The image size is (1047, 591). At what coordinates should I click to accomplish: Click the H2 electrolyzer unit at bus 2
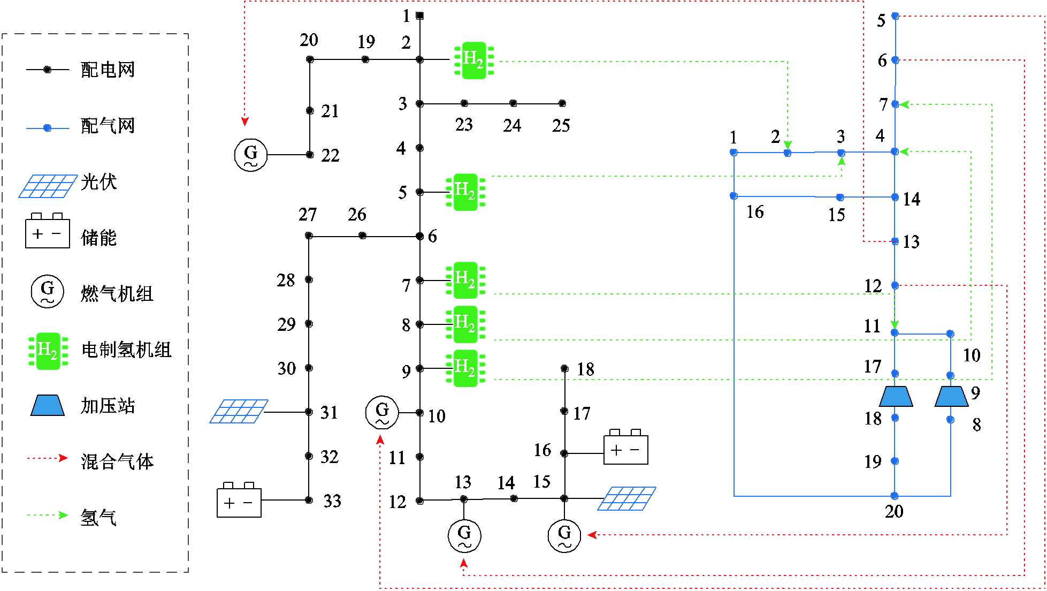click(473, 60)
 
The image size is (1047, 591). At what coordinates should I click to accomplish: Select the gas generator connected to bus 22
click(250, 155)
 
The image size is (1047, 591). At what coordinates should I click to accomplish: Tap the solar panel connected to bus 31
click(239, 411)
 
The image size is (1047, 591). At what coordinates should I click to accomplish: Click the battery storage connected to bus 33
click(239, 501)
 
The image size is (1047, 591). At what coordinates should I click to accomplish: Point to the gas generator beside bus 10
click(382, 412)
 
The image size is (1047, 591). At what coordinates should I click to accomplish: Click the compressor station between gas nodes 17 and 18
click(896, 396)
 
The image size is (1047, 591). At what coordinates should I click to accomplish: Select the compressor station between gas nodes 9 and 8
click(951, 396)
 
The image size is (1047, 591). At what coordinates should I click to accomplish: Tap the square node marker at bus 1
click(420, 16)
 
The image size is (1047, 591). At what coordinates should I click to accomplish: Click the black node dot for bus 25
click(562, 103)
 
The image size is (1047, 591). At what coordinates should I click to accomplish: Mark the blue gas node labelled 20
click(895, 496)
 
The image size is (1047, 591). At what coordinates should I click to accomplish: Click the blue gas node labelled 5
click(895, 16)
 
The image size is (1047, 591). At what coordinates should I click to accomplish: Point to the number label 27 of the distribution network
click(308, 214)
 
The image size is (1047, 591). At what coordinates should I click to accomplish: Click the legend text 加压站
click(108, 405)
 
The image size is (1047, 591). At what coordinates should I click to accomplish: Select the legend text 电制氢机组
click(126, 350)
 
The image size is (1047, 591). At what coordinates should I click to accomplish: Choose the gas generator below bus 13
click(464, 535)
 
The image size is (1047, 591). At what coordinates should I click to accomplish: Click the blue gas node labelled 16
click(733, 196)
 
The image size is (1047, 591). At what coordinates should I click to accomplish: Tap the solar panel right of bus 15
click(627, 498)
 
